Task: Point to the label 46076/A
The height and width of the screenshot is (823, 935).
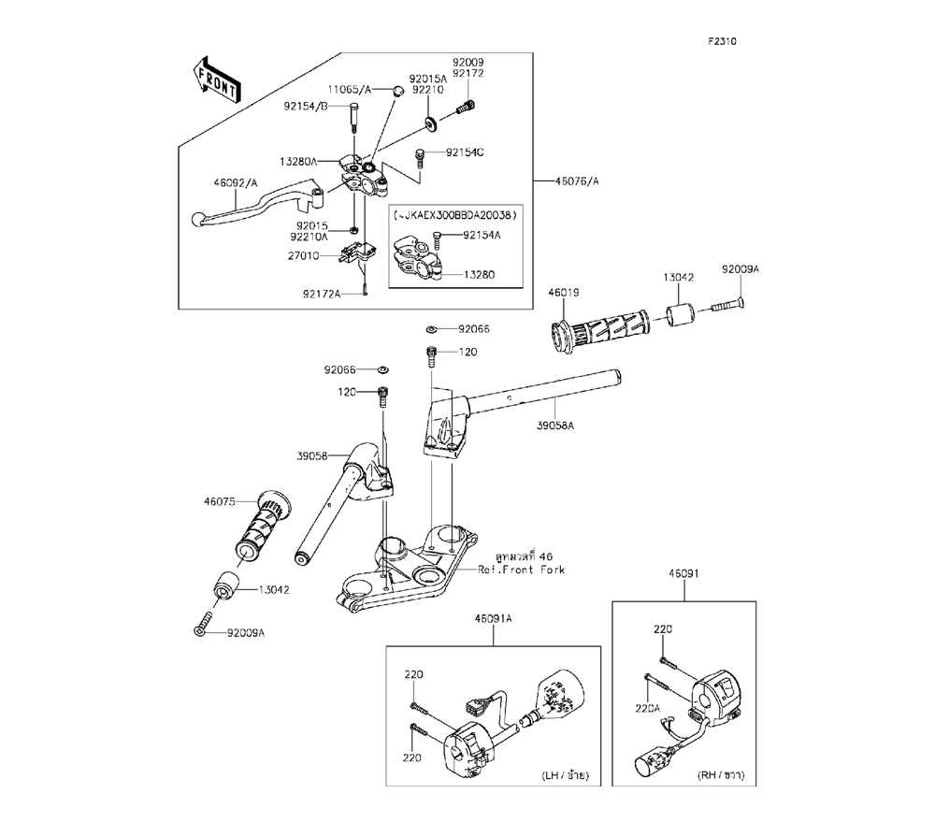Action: click(575, 180)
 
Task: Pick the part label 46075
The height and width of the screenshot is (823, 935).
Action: click(217, 501)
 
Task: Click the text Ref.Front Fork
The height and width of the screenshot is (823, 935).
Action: click(522, 569)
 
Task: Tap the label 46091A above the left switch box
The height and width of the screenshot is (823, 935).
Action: click(492, 619)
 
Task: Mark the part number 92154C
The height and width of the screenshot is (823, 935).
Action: click(465, 152)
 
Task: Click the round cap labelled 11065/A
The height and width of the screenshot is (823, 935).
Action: click(396, 91)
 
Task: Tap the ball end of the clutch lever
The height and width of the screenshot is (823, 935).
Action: click(197, 219)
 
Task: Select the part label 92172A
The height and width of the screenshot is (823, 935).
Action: click(322, 294)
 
